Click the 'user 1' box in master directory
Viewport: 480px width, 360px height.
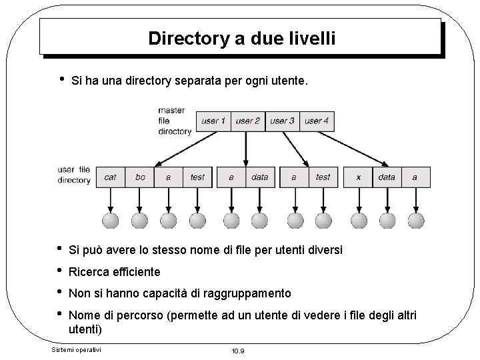click(x=214, y=121)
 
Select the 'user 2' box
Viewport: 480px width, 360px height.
click(x=248, y=121)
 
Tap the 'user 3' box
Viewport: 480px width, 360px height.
click(x=283, y=121)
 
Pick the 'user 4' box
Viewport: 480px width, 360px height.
click(x=317, y=121)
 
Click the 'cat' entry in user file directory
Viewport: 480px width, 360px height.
click(x=111, y=177)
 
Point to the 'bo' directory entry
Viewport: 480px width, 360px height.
click(x=140, y=177)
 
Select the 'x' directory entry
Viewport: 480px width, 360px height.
click(x=359, y=177)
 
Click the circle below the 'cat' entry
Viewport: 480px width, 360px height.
click(x=111, y=220)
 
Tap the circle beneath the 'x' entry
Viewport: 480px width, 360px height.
click(x=359, y=220)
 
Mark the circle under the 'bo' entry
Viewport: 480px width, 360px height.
click(x=139, y=220)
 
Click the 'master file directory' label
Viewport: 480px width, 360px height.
click(x=174, y=121)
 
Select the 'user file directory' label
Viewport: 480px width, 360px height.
click(x=74, y=175)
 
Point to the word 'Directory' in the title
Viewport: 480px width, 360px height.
click(x=188, y=38)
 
